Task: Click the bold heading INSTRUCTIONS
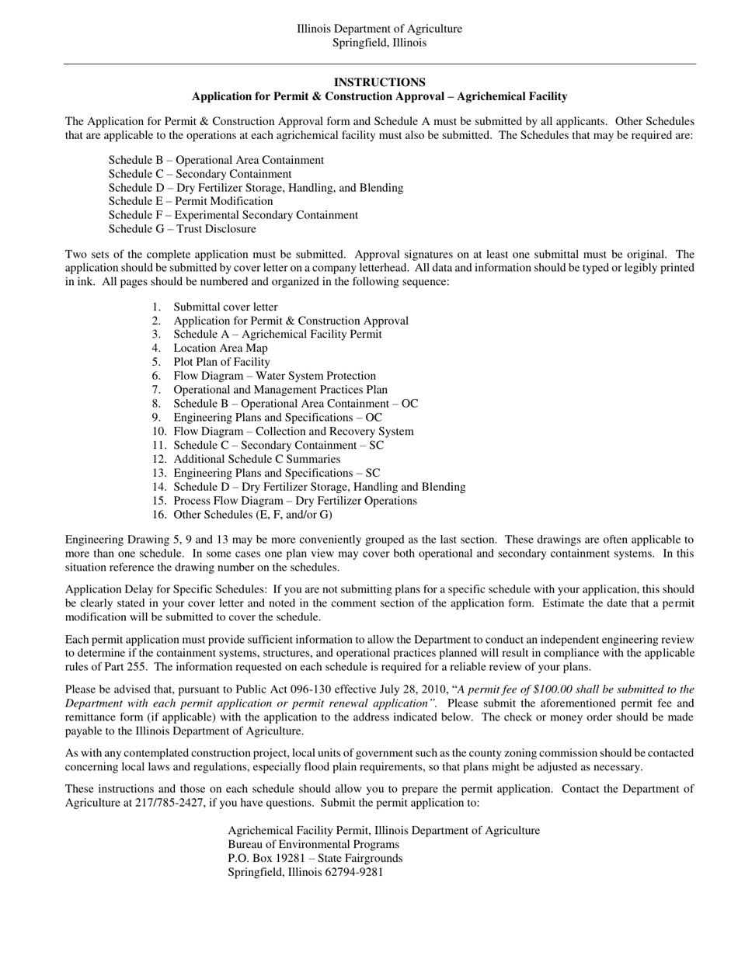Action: click(x=379, y=82)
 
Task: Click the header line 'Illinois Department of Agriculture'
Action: click(x=379, y=29)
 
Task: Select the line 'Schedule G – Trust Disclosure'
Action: click(x=182, y=229)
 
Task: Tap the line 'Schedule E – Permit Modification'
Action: click(x=190, y=201)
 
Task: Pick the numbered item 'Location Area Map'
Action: click(x=220, y=349)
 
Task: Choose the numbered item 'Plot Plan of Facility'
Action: click(x=221, y=363)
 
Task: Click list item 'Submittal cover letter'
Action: click(x=225, y=307)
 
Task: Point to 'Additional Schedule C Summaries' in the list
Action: click(x=256, y=460)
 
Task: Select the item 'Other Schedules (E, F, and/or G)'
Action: click(x=252, y=515)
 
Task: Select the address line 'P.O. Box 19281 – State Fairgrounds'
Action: click(x=315, y=859)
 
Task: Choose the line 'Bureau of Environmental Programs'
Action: click(x=313, y=845)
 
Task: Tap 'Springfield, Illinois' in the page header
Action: click(x=379, y=43)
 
